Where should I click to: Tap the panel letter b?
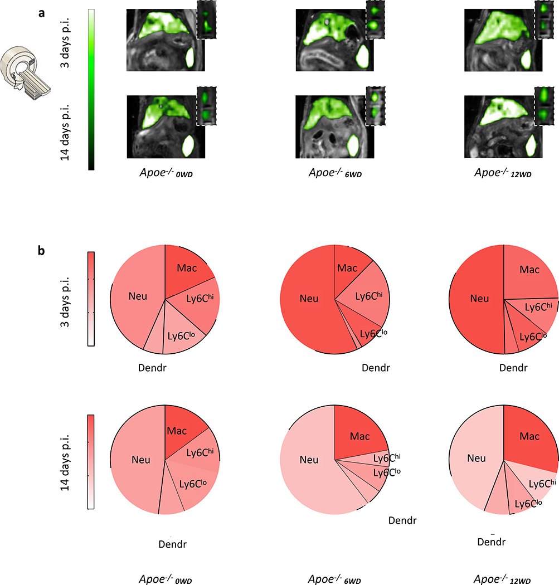coord(41,251)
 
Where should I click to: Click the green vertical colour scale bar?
coord(91,89)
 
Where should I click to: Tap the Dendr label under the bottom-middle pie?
coord(402,520)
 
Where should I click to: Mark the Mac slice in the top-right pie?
coord(529,270)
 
